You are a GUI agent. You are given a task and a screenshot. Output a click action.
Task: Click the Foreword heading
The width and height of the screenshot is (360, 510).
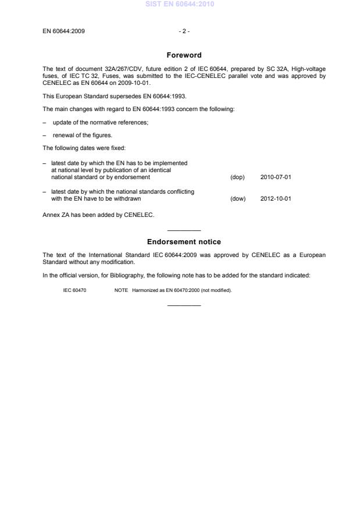coord(183,55)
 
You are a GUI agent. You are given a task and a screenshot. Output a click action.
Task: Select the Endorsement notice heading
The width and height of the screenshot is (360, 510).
coord(183,242)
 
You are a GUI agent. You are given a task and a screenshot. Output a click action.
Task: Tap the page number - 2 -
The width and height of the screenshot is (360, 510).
coord(183,31)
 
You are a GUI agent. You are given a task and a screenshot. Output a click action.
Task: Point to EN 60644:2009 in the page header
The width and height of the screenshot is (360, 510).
coord(63,31)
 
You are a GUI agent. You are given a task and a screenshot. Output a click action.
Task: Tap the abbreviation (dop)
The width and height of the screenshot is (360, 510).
coord(237,177)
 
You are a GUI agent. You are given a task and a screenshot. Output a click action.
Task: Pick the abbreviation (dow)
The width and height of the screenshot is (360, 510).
coord(238,199)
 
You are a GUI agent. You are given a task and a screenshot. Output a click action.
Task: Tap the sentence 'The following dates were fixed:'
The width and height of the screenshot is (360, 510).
coord(80,148)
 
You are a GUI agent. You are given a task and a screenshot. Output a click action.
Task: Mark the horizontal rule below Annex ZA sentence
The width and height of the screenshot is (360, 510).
coord(183,231)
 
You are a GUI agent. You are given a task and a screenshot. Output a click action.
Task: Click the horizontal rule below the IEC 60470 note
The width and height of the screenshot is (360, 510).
coord(183,305)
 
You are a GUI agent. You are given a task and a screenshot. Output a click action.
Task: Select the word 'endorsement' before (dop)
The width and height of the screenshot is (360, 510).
coord(134,177)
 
